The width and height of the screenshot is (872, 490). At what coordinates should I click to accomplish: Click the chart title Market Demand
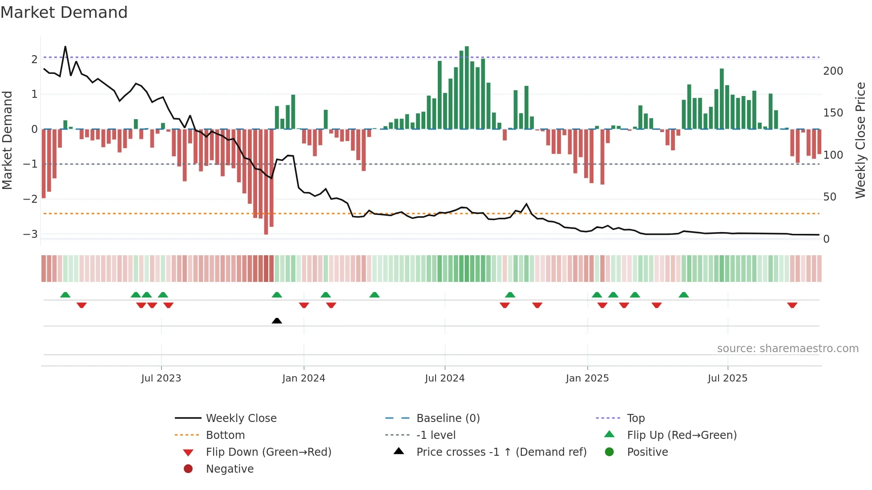64,12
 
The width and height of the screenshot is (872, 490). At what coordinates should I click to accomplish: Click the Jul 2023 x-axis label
161,378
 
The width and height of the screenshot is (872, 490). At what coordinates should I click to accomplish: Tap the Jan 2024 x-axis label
303,378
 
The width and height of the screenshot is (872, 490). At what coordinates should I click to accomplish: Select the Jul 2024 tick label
444,378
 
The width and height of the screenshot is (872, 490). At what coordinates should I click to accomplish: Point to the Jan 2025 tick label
587,378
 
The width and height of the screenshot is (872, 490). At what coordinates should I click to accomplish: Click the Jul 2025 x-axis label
727,378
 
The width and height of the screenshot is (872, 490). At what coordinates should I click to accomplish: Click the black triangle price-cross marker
277,321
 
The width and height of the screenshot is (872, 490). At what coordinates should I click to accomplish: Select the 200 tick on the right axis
833,71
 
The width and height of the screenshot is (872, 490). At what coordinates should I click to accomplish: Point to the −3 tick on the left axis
31,234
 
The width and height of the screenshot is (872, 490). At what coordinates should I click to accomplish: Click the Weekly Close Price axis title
860,140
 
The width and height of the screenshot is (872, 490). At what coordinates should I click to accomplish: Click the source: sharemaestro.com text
787,349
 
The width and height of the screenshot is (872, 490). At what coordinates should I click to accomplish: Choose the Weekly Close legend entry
241,418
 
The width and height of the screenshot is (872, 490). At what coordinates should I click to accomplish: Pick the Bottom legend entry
225,435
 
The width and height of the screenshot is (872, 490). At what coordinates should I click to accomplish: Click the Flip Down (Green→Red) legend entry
268,452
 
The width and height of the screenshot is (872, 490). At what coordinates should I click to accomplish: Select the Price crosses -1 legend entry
501,452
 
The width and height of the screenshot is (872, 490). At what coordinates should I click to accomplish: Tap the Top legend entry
635,418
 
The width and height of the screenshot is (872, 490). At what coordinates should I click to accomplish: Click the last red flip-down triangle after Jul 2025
792,305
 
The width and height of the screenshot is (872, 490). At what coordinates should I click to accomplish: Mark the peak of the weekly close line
65,47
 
